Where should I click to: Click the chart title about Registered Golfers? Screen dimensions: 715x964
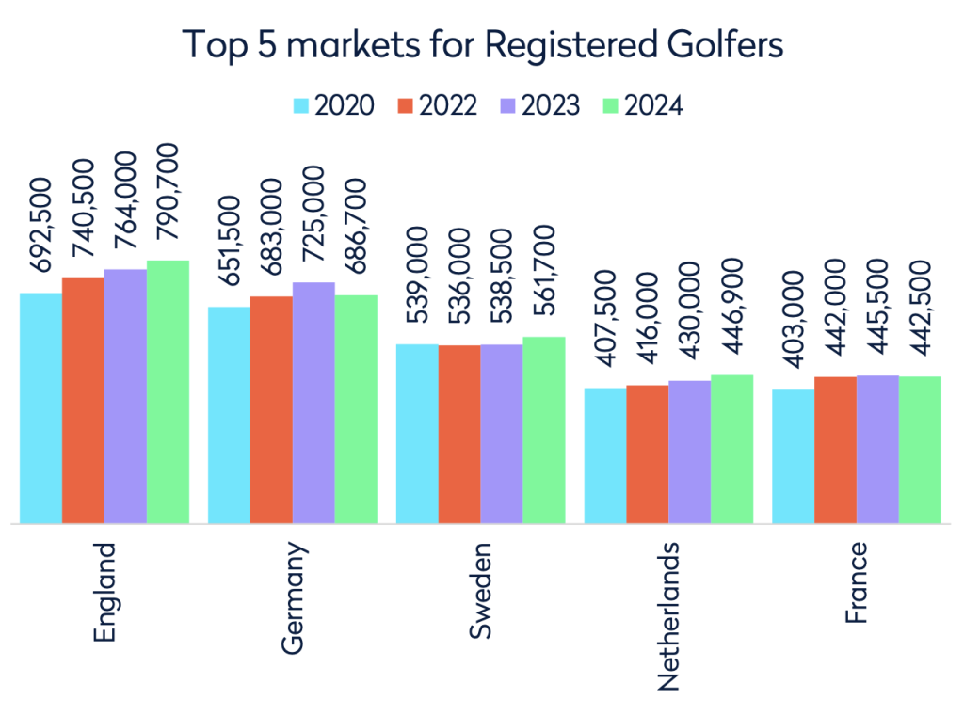[482, 45]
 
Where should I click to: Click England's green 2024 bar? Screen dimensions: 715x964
[168, 390]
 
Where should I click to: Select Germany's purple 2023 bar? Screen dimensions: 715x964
[313, 402]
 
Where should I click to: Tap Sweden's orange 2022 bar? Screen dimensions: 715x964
[459, 434]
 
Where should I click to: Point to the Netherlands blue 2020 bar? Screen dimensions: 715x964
[605, 455]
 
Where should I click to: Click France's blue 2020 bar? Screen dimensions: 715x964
[794, 456]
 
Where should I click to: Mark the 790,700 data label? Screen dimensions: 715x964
[168, 198]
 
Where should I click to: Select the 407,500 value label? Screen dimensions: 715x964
[605, 326]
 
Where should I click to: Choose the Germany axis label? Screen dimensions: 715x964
[294, 597]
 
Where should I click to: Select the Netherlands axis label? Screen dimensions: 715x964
[668, 616]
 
